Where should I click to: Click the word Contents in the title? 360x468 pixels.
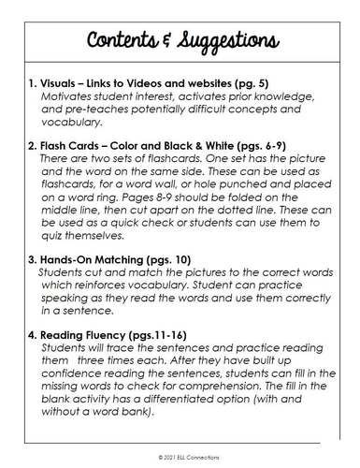click(125, 42)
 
